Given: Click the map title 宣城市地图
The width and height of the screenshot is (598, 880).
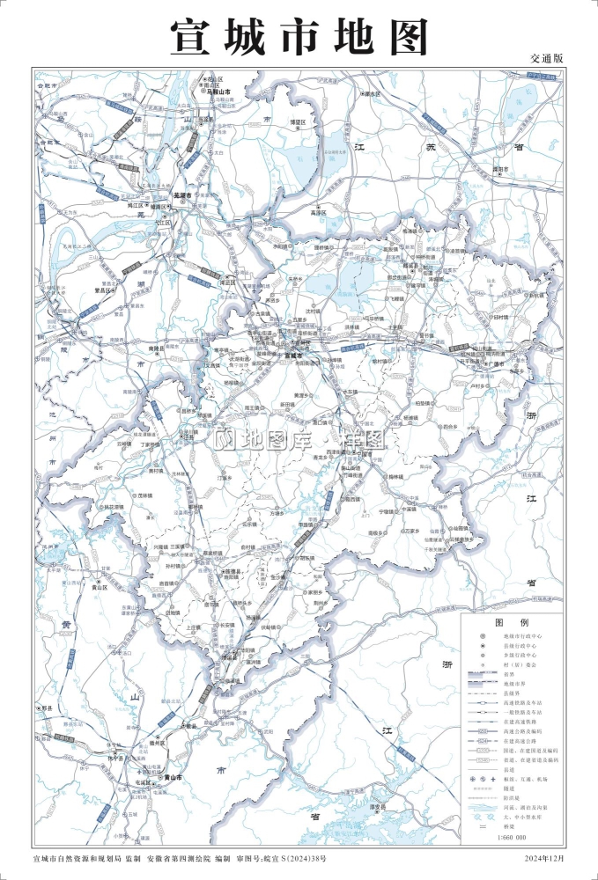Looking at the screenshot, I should [299, 38].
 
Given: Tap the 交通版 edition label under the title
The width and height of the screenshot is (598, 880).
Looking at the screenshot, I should [546, 57].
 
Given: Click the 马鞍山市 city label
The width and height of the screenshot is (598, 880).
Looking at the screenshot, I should [217, 92].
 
